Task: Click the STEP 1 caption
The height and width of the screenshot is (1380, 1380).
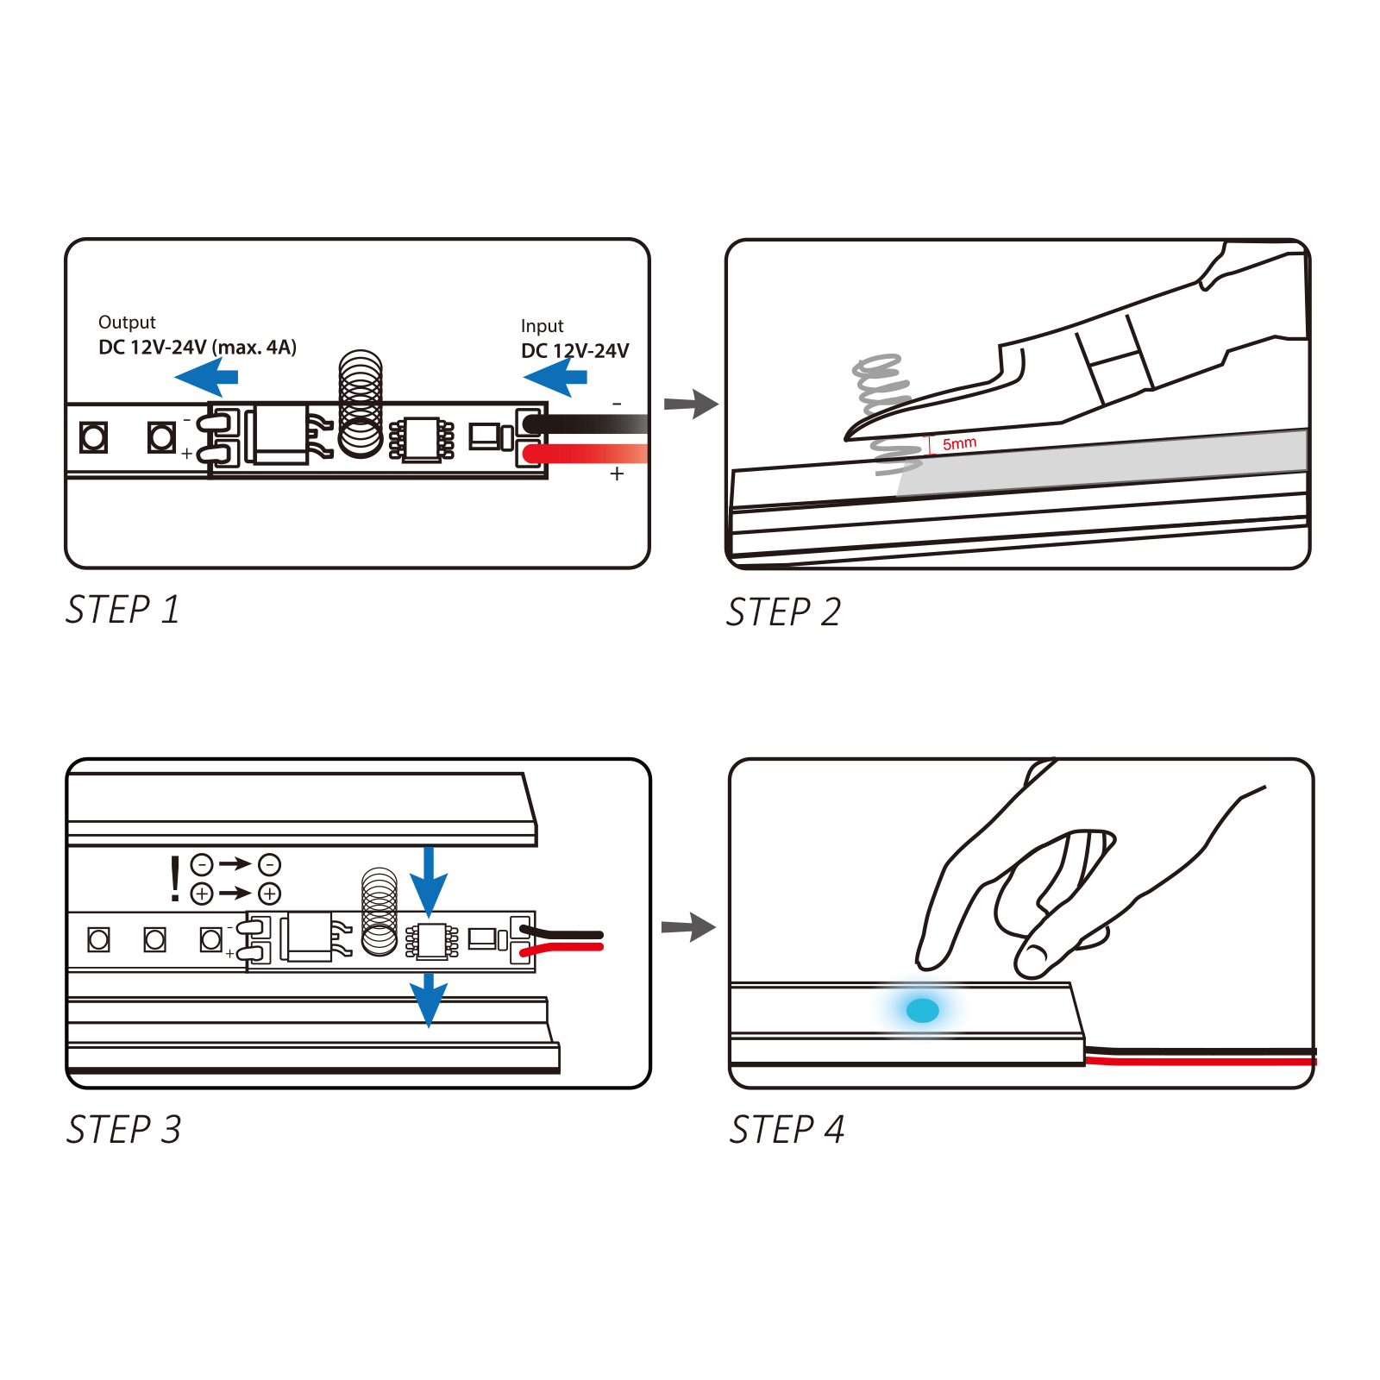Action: click(x=123, y=610)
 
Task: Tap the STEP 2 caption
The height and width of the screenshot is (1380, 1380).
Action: click(x=783, y=612)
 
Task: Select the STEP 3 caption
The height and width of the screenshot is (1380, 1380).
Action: click(x=124, y=1130)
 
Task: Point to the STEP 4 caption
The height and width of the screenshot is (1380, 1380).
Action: click(x=787, y=1130)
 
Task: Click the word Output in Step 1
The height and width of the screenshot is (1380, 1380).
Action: click(x=127, y=323)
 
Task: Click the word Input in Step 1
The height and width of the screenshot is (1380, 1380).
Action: click(x=542, y=326)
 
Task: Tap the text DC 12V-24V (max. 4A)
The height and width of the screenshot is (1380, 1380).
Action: click(x=198, y=348)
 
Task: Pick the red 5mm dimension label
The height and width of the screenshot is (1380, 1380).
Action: click(x=959, y=443)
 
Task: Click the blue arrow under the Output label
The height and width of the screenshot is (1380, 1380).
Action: click(x=206, y=378)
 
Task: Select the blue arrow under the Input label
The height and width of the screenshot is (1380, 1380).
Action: click(x=555, y=377)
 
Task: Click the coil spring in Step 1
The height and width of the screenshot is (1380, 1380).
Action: click(x=361, y=403)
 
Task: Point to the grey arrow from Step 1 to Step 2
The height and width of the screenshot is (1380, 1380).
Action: click(x=691, y=404)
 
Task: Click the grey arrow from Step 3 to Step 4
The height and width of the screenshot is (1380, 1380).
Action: click(x=688, y=927)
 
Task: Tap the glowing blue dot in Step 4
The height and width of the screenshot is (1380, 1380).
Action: click(x=923, y=1010)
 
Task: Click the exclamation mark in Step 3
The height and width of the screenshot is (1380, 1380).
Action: click(x=176, y=879)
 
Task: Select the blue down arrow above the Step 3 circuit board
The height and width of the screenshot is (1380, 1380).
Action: click(x=429, y=881)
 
